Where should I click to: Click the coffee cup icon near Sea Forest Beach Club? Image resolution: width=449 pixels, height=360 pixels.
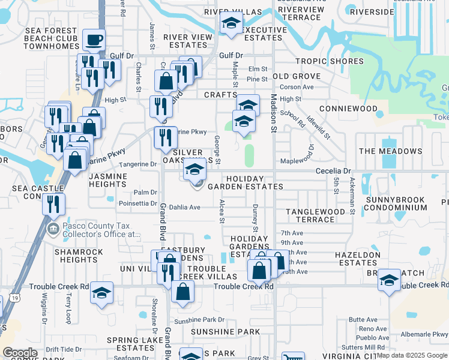tap(94, 40)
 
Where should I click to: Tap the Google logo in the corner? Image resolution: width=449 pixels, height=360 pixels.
tap(20, 352)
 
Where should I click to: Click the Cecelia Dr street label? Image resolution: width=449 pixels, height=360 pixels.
tap(334, 171)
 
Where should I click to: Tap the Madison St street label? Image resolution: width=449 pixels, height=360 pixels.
tap(273, 113)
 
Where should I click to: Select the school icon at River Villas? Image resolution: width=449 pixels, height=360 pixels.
tap(231, 24)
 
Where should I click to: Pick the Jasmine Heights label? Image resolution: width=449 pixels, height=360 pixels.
tap(107, 181)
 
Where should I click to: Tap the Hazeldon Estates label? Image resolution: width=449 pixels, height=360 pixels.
tap(359, 259)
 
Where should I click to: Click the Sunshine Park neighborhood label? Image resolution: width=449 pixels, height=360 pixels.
tap(225, 331)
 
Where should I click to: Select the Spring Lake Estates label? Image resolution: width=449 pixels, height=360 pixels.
tap(131, 344)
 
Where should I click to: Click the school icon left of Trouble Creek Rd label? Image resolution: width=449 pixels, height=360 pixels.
tap(101, 293)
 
